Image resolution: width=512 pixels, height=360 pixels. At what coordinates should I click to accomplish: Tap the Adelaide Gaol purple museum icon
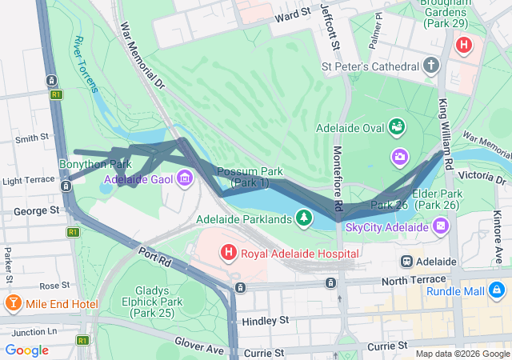click(186, 178)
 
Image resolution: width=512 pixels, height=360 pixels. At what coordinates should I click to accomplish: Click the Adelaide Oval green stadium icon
click(396, 126)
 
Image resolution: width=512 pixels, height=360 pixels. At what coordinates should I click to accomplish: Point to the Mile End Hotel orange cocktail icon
click(13, 304)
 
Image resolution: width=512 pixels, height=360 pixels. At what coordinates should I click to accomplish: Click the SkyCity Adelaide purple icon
click(441, 227)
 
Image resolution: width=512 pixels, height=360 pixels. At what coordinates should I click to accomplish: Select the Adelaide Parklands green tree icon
click(303, 218)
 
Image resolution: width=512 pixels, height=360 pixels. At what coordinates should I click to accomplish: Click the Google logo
click(26, 350)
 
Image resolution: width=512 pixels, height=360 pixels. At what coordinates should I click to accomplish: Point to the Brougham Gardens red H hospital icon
click(463, 44)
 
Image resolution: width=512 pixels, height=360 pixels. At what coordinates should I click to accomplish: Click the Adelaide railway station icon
click(406, 262)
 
